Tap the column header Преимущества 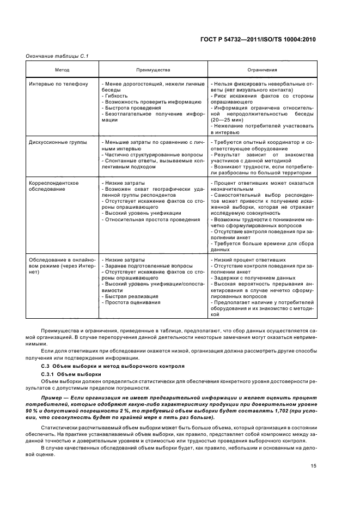[x=153, y=70]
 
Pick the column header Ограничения [x=262, y=70]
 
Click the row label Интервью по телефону [x=58, y=84]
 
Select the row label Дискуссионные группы [x=58, y=142]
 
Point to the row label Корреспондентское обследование [x=53, y=186]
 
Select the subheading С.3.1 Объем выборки [x=71, y=374]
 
